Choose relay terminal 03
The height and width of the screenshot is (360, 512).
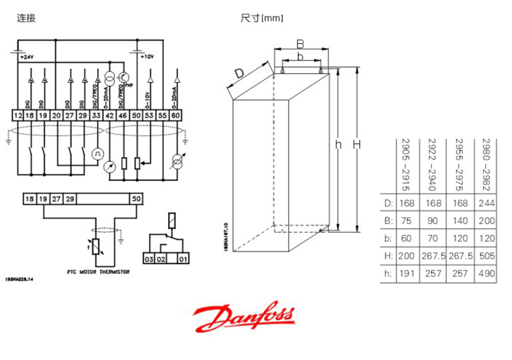pyautogui.click(x=148, y=260)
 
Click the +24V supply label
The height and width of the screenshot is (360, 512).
pyautogui.click(x=26, y=57)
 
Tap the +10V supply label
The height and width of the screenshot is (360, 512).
pyautogui.click(x=146, y=57)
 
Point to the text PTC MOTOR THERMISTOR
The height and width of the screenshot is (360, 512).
pyautogui.click(x=98, y=271)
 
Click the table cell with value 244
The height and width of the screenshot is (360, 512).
pyautogui.click(x=487, y=203)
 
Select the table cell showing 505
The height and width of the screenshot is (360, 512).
pyautogui.click(x=487, y=255)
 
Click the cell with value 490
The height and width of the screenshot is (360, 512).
pyautogui.click(x=487, y=273)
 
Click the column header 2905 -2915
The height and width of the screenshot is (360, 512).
pyautogui.click(x=405, y=162)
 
